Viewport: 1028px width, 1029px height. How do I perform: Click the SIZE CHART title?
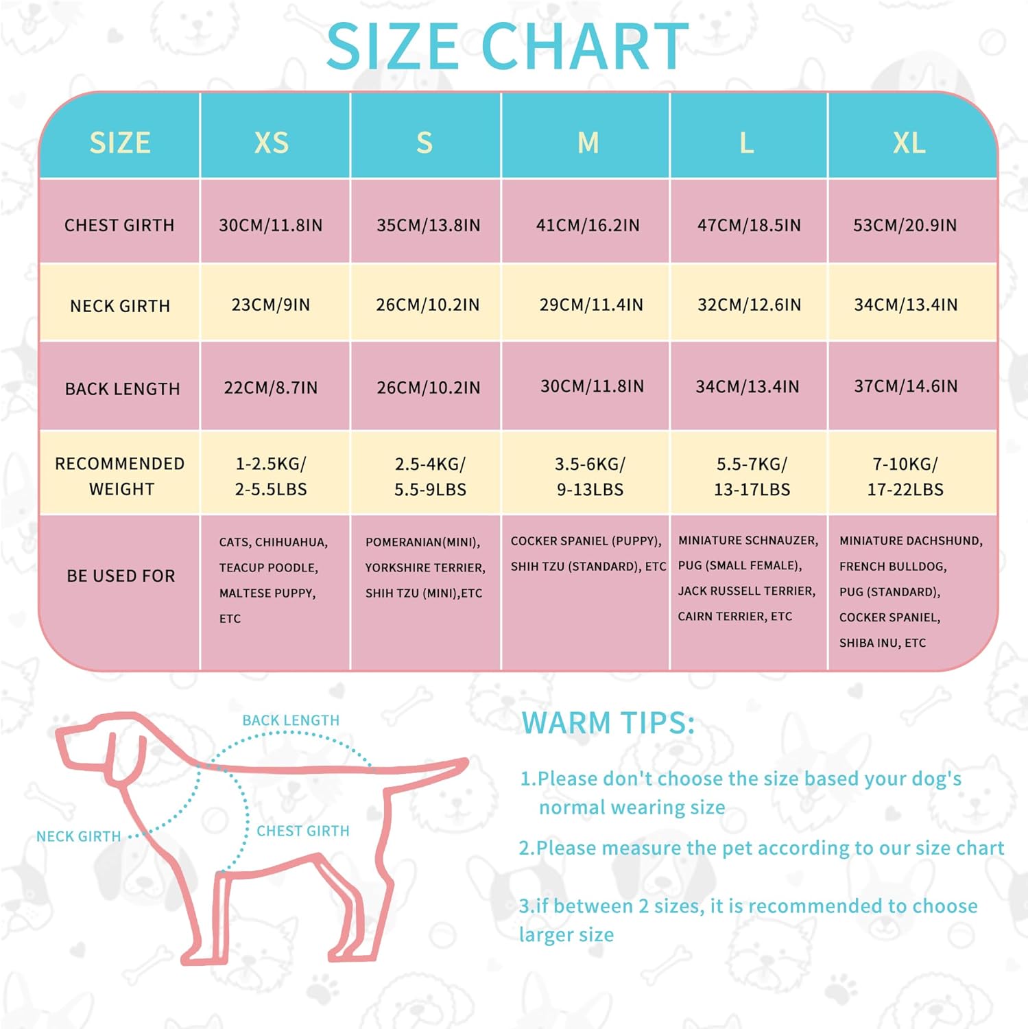click(507, 47)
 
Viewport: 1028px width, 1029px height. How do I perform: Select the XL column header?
click(909, 143)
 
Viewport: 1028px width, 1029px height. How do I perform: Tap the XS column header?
click(272, 143)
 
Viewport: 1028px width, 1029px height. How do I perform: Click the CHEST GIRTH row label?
click(119, 225)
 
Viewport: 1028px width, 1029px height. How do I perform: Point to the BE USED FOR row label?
click(121, 576)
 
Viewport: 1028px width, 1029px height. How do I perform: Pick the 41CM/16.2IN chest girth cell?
click(588, 225)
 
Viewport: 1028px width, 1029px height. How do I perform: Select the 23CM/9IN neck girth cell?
click(271, 305)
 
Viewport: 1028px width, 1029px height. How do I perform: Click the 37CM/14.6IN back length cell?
click(905, 386)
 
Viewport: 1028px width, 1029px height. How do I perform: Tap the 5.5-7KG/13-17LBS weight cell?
click(752, 476)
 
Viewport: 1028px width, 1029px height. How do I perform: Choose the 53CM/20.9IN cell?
click(905, 225)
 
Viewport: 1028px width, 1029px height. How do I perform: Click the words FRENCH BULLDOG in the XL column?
click(893, 567)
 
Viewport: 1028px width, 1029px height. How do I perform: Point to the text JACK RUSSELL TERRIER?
click(747, 591)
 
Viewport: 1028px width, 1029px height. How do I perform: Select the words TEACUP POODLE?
click(269, 568)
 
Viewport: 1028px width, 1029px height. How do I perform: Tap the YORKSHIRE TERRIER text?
click(425, 568)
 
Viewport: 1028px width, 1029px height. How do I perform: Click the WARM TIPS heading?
click(608, 723)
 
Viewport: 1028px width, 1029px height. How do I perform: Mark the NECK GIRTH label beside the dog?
click(79, 836)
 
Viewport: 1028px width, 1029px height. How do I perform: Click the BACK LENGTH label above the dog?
click(291, 720)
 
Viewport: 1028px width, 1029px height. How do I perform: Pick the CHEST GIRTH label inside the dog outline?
click(303, 831)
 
